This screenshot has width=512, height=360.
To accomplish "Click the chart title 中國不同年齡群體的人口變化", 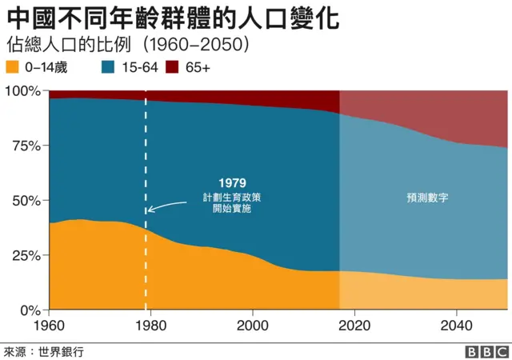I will (171, 17).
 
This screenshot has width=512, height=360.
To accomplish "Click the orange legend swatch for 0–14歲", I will (13, 68).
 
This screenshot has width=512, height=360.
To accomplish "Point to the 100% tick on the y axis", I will (23, 91).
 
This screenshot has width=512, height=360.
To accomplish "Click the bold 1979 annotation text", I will (231, 183).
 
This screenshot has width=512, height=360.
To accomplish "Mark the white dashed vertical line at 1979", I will (146, 240).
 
